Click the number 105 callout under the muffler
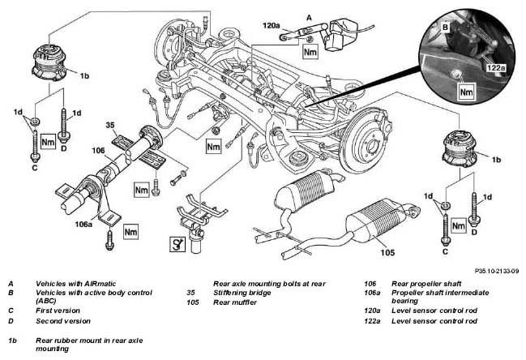coord(387,252)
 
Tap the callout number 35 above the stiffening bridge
coord(110,125)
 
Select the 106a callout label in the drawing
coord(83,224)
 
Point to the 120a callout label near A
coord(271,25)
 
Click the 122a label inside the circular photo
coord(496,68)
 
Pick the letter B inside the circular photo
coord(445,28)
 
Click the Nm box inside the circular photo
coord(466,92)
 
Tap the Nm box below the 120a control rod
coord(310,52)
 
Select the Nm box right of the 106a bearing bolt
coord(130,232)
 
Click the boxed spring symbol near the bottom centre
coord(177,244)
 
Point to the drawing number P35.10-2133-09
coord(497,271)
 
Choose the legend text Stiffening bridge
coord(242,293)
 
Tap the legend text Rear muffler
coord(235,302)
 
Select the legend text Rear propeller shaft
coord(426,284)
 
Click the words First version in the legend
coord(58,311)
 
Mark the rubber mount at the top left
coord(49,63)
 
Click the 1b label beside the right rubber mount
coord(496,160)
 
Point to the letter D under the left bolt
coord(64,148)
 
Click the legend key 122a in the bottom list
coord(372,321)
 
